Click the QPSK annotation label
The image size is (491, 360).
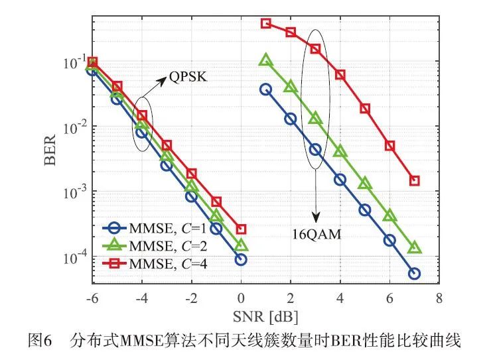[x=188, y=78]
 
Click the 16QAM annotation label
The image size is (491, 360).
[x=317, y=233]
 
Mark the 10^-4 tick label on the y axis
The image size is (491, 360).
[x=72, y=257]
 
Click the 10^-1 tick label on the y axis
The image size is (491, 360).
[x=72, y=64]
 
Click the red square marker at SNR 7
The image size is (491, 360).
[x=415, y=180]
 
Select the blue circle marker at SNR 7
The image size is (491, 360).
[x=415, y=273]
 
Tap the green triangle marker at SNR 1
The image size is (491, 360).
[x=266, y=60]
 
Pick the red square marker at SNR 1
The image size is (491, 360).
[x=266, y=23]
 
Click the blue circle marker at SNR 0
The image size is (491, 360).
[x=241, y=260]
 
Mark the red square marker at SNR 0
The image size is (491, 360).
[x=241, y=229]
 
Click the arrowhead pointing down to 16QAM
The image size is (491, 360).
[x=316, y=217]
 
